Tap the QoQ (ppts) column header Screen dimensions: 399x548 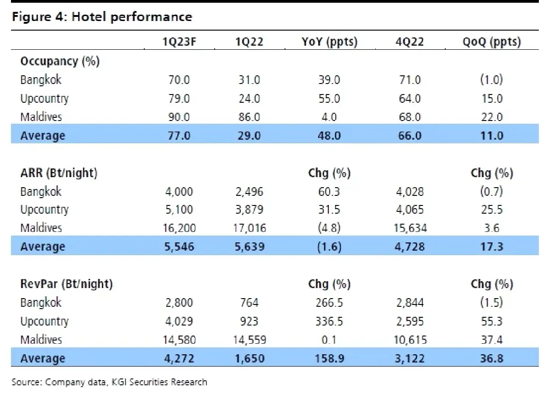coord(491,42)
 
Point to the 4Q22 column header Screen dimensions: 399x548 coord(410,42)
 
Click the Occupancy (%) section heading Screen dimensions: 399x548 coord(60,61)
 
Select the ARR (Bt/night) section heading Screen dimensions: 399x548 coord(59,173)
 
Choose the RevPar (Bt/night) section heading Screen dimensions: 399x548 coord(66,284)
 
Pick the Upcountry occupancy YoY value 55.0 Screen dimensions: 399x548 coord(329,99)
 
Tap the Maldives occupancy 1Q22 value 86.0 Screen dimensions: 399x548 coord(249,117)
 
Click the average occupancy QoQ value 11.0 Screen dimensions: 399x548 coord(491,136)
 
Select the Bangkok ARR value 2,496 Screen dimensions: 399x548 coord(249,192)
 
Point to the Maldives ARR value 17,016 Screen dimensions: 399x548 coord(249,228)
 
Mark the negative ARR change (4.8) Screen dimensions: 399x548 coord(329,228)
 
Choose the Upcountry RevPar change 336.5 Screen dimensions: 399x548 coord(329,321)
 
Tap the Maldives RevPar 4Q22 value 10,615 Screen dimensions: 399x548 coord(410,340)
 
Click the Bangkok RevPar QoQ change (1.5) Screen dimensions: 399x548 coord(491,303)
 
